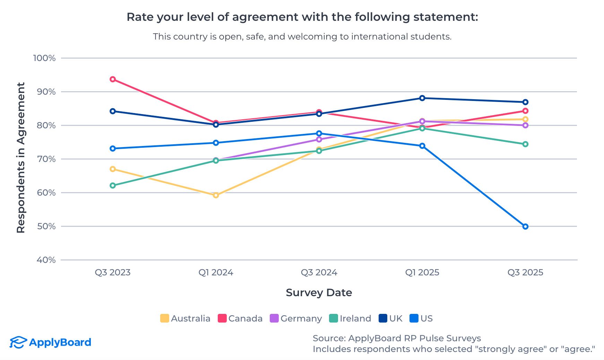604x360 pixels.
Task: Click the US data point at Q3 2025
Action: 525,226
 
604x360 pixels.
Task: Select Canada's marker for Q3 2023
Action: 113,79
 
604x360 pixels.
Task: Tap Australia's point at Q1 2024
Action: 216,195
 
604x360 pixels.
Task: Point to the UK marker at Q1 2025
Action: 422,98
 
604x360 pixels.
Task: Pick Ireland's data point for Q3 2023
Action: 113,186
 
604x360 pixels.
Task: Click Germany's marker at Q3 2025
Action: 525,125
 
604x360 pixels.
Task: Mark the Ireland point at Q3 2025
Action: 525,144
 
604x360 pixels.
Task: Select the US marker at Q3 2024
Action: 319,134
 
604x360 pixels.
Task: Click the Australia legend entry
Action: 185,318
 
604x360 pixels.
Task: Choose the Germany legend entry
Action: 296,318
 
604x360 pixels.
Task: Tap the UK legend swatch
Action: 383,318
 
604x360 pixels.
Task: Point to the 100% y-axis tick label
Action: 44,58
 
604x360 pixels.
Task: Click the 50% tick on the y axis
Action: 46,226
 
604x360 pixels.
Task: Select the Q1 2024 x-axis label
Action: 216,273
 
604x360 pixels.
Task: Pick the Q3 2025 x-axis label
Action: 525,273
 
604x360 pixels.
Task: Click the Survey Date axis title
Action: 319,293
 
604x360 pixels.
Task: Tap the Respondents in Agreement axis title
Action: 21,158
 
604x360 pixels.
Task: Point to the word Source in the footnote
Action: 329,338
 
